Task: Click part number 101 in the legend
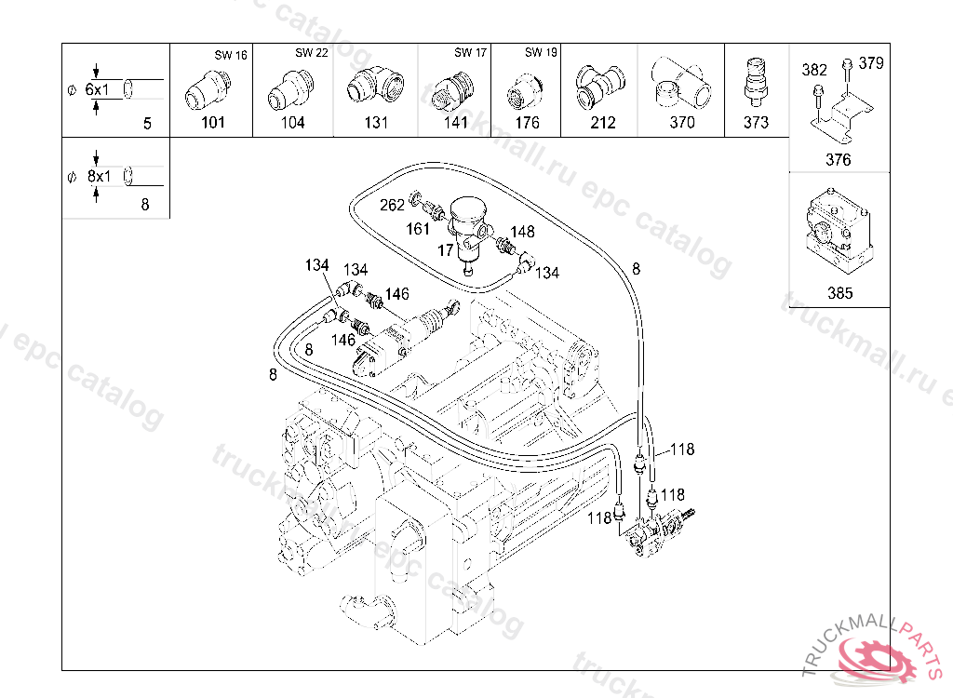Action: click(213, 122)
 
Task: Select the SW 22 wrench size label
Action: click(311, 53)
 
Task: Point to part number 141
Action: click(456, 122)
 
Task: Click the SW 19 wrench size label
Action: click(541, 52)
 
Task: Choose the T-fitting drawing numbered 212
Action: click(598, 87)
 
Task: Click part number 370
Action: click(682, 122)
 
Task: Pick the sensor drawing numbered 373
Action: click(756, 82)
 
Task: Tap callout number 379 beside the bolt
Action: click(871, 63)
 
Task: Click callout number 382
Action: click(813, 70)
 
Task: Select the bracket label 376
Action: click(839, 160)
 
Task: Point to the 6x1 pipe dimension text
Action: click(97, 90)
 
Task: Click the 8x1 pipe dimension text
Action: click(99, 176)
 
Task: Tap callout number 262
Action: click(392, 205)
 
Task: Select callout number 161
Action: click(418, 229)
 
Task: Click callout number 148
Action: click(522, 232)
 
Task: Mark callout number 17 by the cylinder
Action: click(446, 250)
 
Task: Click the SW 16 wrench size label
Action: click(231, 55)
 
